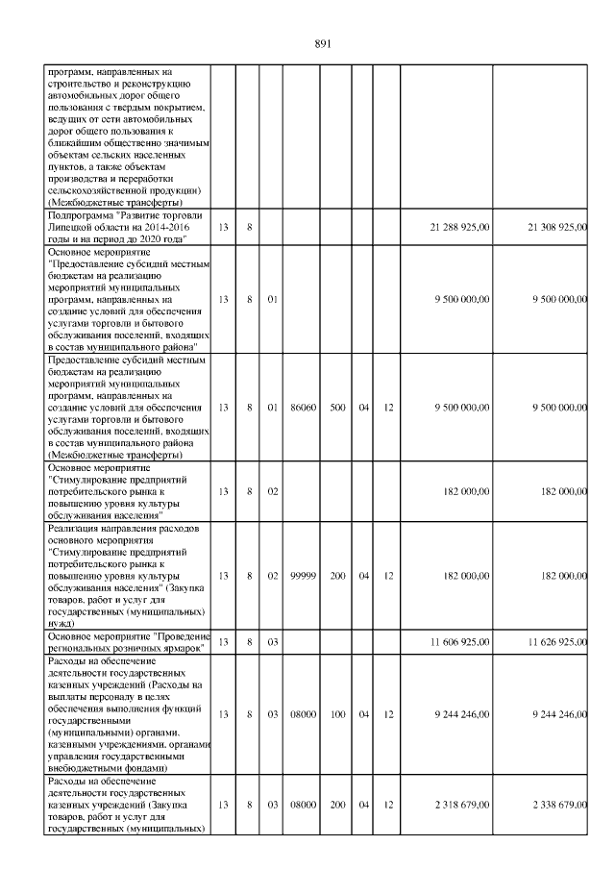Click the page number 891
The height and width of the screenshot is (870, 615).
323,44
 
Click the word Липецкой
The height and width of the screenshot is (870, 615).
73,227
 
